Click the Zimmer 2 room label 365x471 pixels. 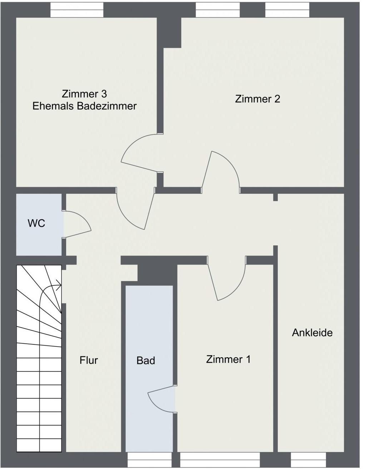point(257,99)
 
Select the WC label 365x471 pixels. point(36,223)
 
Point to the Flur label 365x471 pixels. point(89,360)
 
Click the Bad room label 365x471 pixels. point(146,360)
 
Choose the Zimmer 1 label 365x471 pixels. point(228,359)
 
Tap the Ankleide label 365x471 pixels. point(312,333)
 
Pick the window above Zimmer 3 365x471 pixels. point(77,10)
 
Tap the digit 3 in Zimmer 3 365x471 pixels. point(104,94)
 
